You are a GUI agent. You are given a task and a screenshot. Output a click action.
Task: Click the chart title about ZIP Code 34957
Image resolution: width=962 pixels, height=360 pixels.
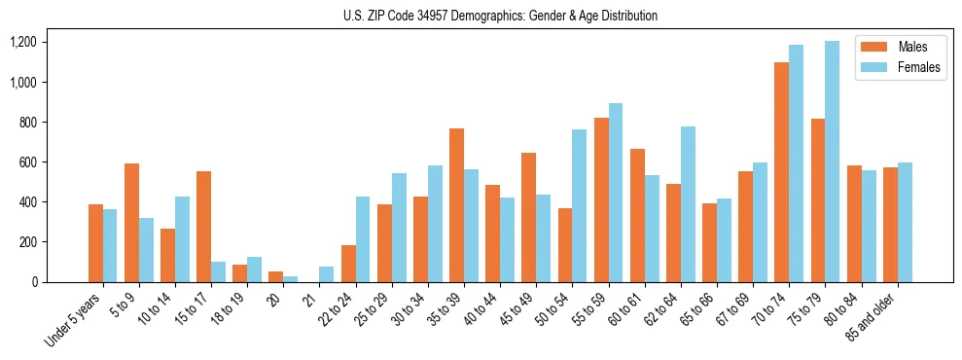coord(500,16)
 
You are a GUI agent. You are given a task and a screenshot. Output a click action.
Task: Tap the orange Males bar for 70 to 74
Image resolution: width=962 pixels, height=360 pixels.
coord(781,172)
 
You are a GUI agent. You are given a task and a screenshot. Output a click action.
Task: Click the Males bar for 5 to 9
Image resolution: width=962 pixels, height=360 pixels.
coord(131,223)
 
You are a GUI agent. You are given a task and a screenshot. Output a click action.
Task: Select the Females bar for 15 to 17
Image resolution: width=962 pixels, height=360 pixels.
coord(218,271)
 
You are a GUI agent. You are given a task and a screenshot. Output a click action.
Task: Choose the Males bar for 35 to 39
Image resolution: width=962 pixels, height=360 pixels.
coord(456,205)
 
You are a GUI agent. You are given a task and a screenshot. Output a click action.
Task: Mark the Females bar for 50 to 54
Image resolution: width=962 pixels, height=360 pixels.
coord(579,205)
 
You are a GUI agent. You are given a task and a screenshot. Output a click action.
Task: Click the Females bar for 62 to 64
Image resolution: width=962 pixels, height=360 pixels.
coord(687,204)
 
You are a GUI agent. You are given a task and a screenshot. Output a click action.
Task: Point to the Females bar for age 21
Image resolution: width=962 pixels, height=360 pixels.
coord(326,274)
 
